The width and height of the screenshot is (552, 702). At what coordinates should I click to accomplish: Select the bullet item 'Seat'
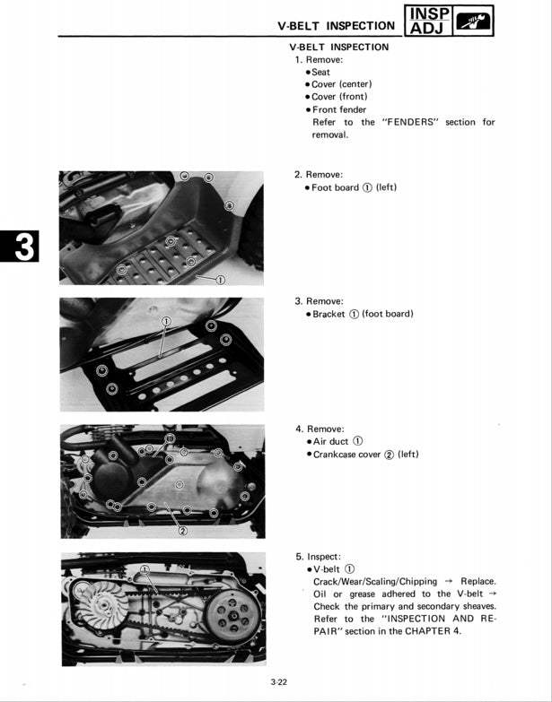[320, 72]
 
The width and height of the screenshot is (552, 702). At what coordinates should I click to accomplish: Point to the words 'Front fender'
[338, 109]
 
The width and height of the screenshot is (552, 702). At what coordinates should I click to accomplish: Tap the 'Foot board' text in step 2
[335, 187]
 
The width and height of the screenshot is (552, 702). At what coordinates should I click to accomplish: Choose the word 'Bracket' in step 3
[329, 314]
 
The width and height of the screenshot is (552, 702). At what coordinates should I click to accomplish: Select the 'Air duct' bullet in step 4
[330, 441]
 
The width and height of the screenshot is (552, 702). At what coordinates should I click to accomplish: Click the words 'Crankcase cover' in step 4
[346, 454]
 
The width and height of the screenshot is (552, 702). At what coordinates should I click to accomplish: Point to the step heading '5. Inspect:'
[318, 556]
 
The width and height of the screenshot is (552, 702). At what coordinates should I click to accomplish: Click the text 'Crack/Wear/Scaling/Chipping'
[375, 581]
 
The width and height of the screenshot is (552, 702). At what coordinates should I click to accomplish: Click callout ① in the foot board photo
[221, 280]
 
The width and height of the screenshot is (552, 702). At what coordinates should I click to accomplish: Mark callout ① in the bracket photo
[166, 321]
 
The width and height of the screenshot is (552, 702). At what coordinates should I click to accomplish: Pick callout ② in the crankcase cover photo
[182, 529]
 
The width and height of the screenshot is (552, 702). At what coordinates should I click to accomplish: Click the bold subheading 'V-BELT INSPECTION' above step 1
[339, 47]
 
